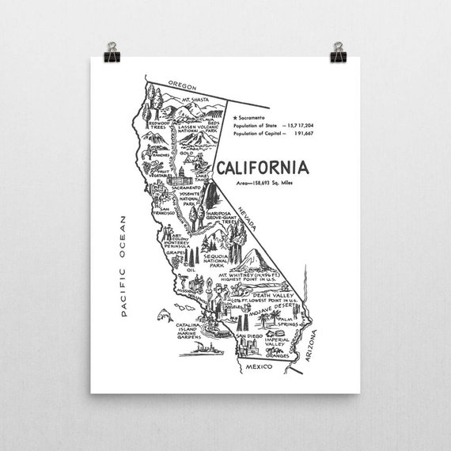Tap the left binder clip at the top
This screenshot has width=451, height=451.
(112, 51)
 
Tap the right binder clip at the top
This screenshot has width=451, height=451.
(339, 51)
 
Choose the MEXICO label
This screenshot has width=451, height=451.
(258, 367)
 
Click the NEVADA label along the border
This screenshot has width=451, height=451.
(244, 214)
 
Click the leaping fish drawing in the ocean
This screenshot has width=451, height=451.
(165, 315)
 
